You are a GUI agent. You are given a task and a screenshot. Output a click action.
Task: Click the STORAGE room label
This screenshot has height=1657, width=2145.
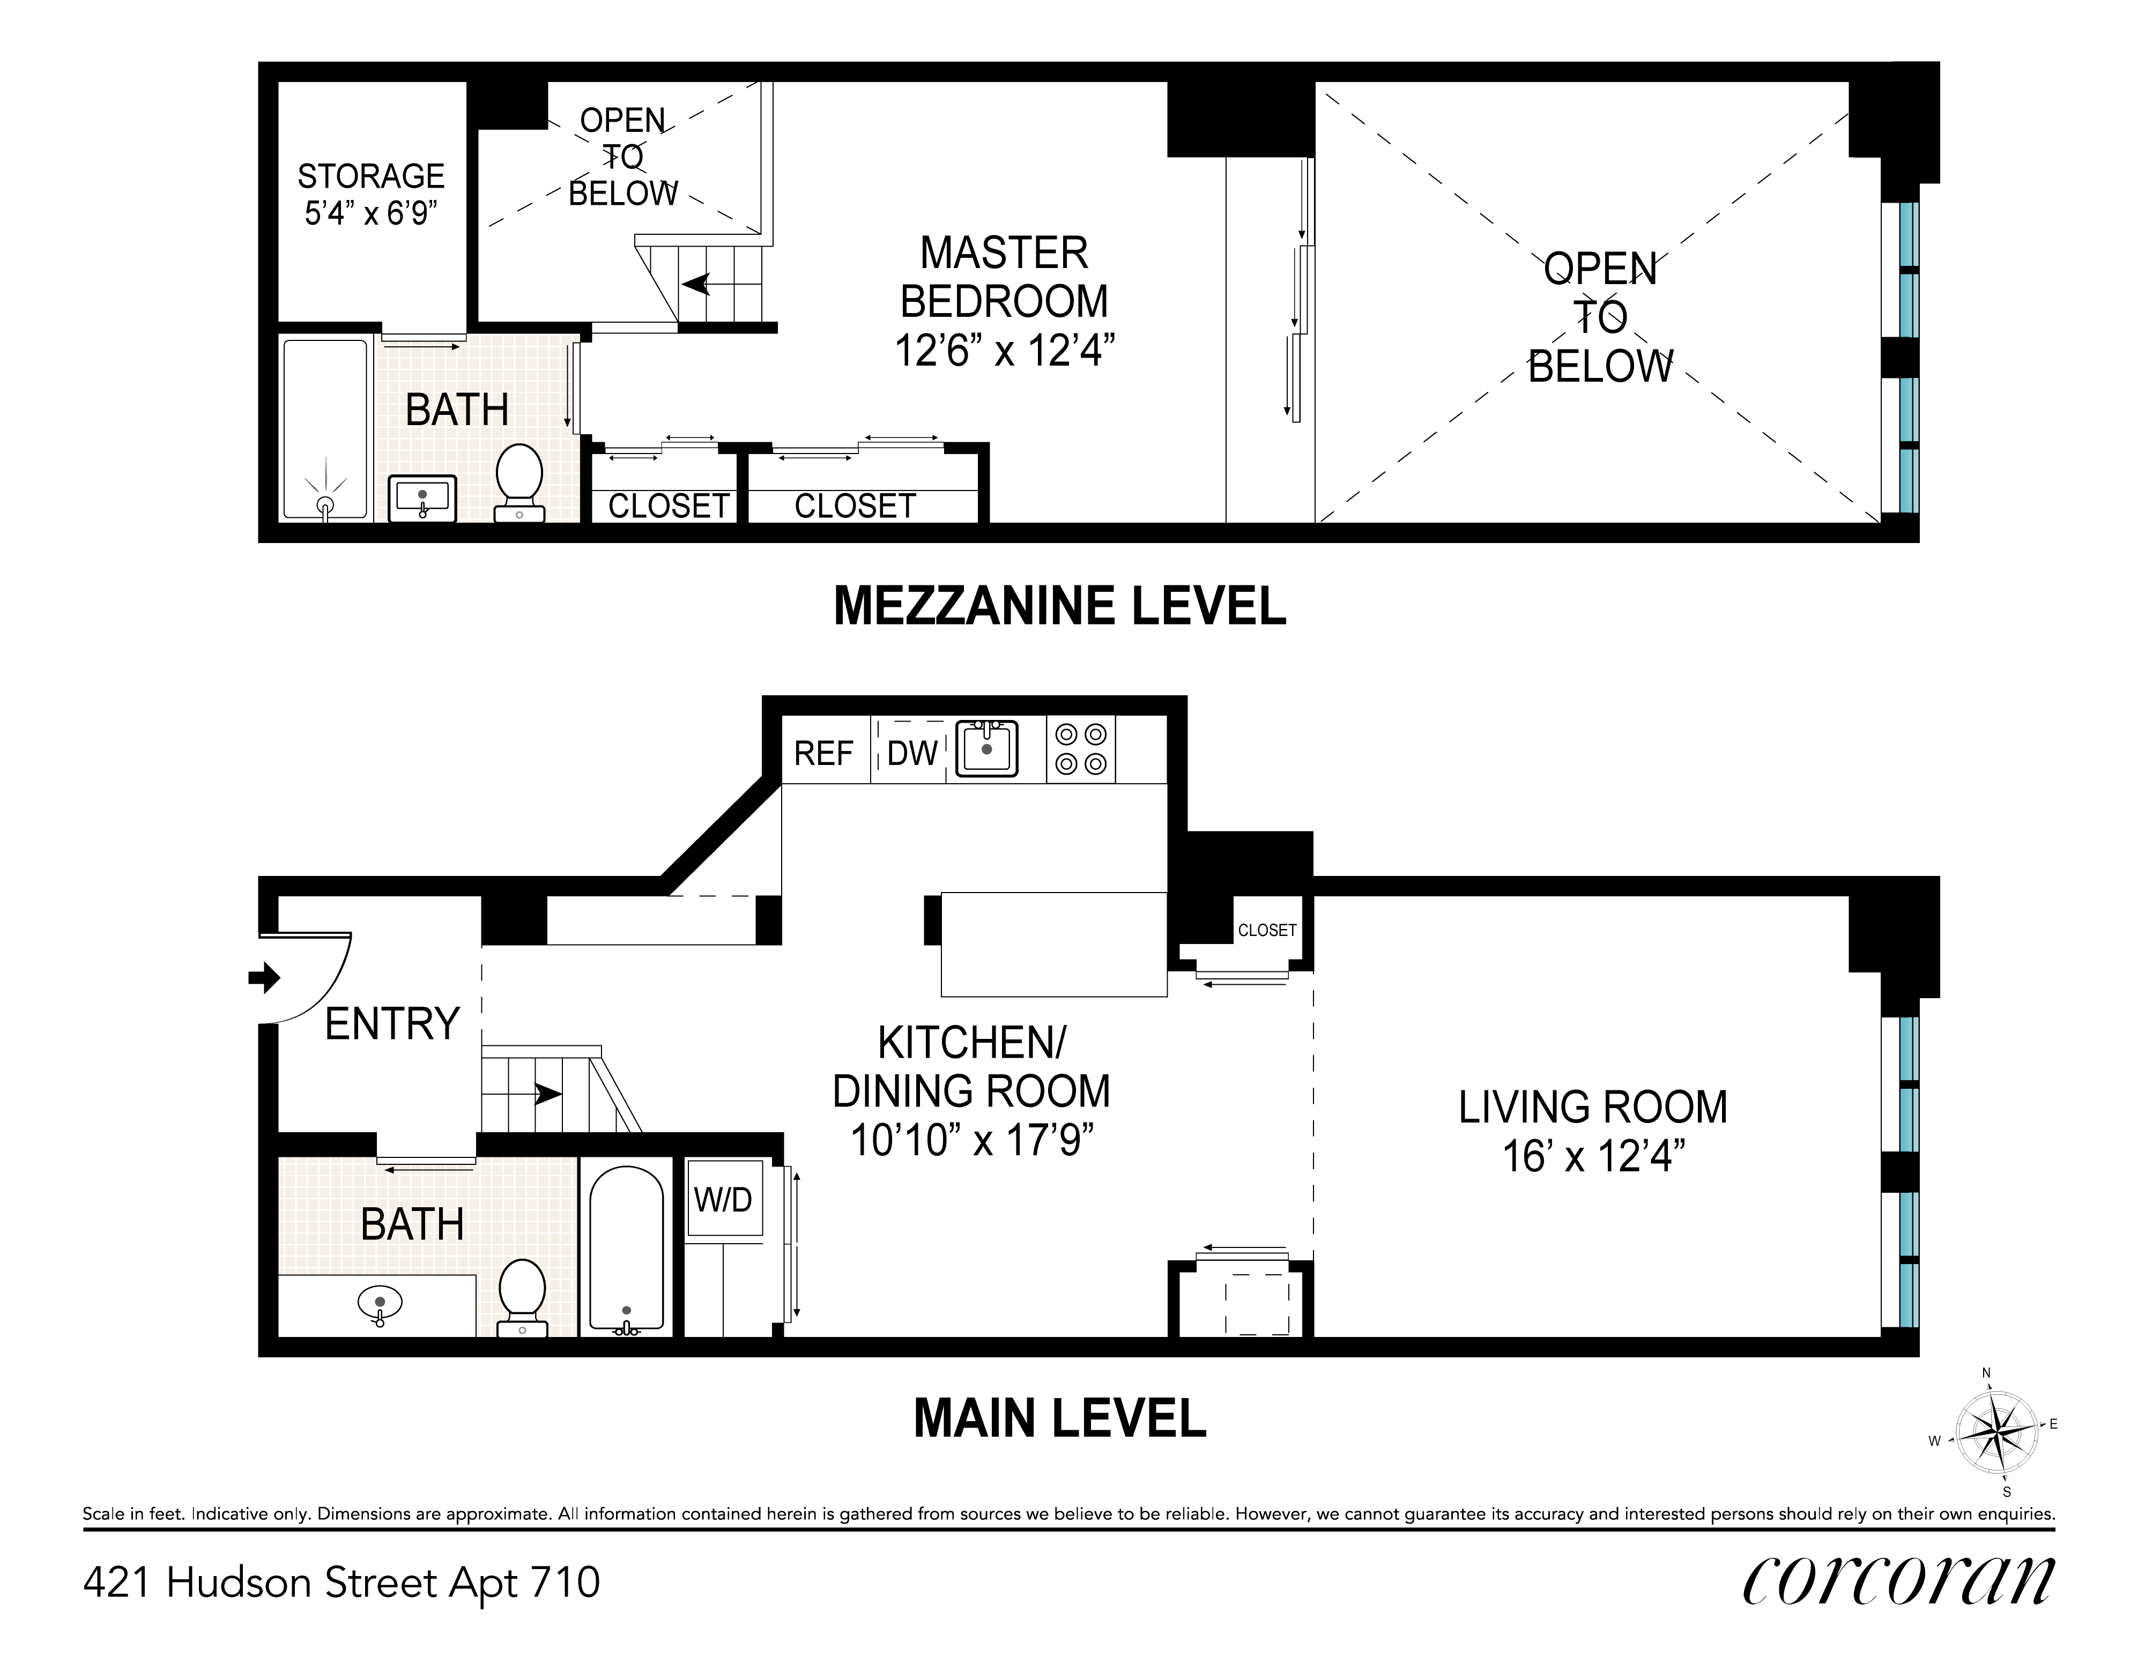point(370,177)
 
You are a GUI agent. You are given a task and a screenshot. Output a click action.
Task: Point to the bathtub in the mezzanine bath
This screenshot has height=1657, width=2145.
point(325,429)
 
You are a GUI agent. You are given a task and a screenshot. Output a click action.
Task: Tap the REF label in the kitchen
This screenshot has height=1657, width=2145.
point(823,753)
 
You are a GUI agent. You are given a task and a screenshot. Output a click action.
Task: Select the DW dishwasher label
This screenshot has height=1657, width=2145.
point(911,753)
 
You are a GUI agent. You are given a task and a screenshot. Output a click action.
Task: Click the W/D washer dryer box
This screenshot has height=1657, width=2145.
point(724,1199)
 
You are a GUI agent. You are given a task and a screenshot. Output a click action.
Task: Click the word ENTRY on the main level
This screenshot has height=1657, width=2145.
point(392,1024)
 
